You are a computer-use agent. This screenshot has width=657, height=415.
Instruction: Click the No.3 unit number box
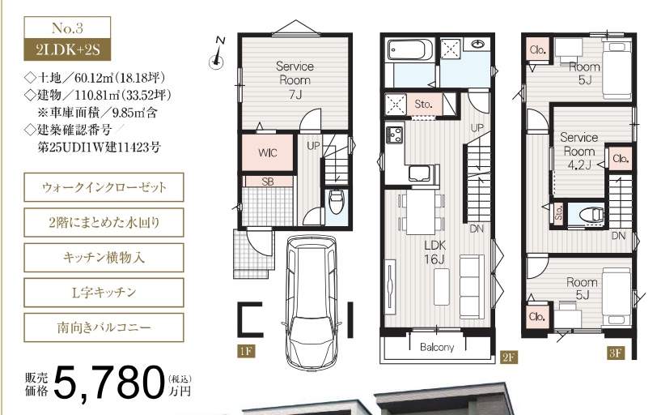coord(67,28)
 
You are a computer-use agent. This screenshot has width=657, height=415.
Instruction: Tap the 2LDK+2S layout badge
coord(67,49)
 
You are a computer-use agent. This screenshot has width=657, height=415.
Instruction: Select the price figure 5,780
coord(108,383)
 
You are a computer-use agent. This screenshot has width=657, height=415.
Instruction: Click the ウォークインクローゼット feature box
coord(104,187)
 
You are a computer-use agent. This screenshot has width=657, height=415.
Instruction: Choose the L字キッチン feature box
coord(104,293)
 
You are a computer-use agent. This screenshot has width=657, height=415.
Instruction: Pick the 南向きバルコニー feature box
coord(104,327)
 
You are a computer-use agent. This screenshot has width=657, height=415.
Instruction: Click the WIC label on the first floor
coord(268,152)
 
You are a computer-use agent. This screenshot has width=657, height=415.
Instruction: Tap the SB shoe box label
coord(268,182)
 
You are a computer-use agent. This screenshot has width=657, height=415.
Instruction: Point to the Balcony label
coord(437,347)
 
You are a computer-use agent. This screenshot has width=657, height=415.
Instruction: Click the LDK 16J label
coord(434,252)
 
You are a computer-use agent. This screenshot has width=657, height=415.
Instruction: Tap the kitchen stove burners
coord(395,134)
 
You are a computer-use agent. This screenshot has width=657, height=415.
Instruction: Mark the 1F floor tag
coord(246,351)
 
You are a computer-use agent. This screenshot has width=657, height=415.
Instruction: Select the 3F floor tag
coord(616,353)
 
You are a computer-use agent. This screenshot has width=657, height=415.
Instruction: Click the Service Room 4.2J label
coord(579,151)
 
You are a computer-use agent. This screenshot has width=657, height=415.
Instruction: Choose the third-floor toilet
coord(591,215)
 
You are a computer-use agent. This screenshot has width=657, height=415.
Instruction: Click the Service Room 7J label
coord(295,80)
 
